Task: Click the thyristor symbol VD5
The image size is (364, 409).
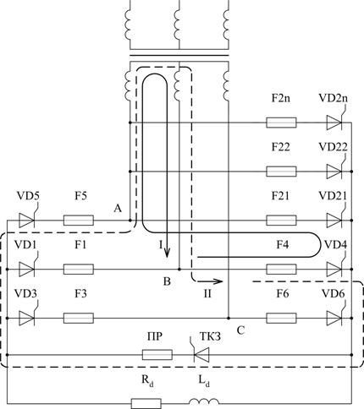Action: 27,221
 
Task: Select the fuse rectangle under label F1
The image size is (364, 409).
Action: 79,270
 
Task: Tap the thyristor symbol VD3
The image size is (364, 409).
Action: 27,318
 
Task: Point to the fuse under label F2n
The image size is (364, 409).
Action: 281,123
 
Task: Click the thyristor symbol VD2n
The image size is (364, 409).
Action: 335,123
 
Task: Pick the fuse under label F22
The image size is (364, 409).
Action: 281,172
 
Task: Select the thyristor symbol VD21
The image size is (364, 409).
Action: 335,221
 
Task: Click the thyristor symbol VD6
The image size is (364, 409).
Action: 335,318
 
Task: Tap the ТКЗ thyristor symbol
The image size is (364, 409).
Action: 201,355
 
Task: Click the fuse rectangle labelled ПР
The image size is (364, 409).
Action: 157,355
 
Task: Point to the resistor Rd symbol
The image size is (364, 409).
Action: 146,404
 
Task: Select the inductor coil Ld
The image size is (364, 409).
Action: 204,401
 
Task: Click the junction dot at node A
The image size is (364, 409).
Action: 130,221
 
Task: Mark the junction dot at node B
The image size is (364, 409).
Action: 179,270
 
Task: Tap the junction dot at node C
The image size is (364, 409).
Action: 229,318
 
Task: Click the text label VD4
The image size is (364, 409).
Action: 335,244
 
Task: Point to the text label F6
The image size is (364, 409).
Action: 283,293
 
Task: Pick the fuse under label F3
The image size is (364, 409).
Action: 79,318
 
